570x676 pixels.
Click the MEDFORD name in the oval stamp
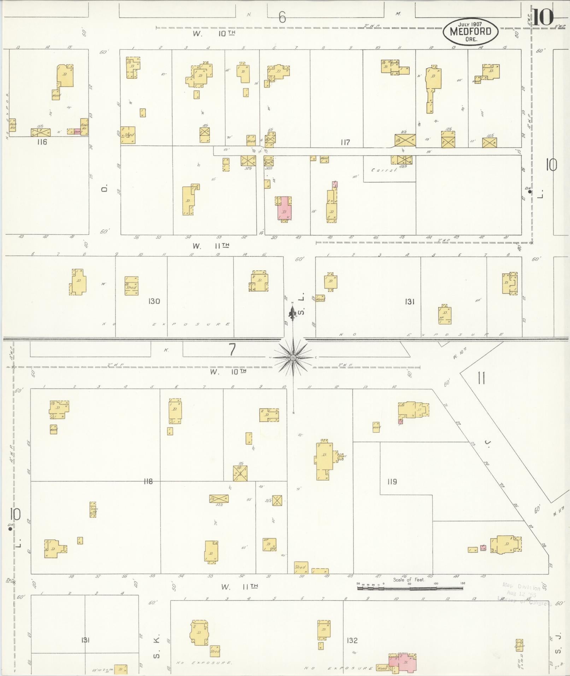click(x=470, y=31)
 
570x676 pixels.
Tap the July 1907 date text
click(x=470, y=24)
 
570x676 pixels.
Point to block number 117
click(x=345, y=142)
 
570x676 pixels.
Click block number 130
click(x=154, y=301)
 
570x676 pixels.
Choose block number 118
click(x=148, y=481)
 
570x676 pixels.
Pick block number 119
click(x=392, y=481)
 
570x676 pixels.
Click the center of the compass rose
click(x=293, y=358)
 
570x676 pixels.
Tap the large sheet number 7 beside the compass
click(x=232, y=350)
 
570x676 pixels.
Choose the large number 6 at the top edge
click(x=282, y=17)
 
